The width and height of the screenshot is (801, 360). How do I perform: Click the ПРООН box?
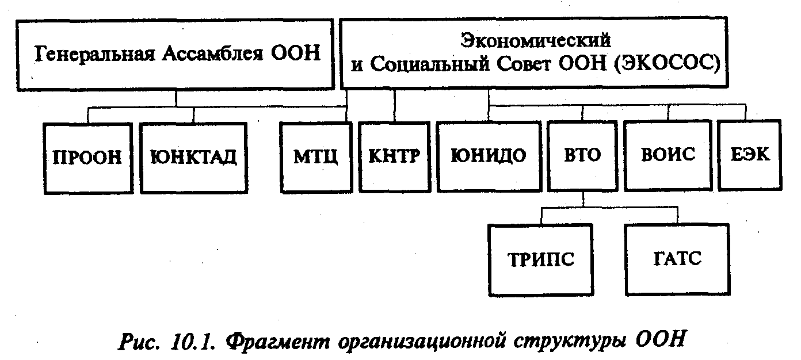coord(87,157)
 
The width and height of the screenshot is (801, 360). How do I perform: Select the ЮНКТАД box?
coord(193,157)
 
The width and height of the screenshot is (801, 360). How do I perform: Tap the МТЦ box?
coord(315,156)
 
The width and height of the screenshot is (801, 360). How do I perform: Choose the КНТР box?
coord(395,156)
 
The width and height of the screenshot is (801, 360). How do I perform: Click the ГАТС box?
coord(677,259)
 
